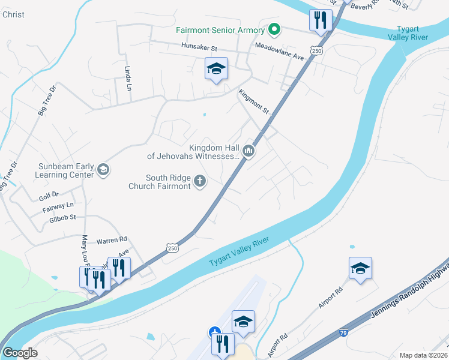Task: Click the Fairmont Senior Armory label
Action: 220,30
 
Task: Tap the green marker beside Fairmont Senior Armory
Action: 274,29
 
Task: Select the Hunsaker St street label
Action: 199,47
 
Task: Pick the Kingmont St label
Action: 254,103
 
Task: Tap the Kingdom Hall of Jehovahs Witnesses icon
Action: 249,151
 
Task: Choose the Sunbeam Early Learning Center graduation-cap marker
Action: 103,170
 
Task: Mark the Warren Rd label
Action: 112,238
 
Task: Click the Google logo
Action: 20,353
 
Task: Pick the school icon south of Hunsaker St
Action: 217,70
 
